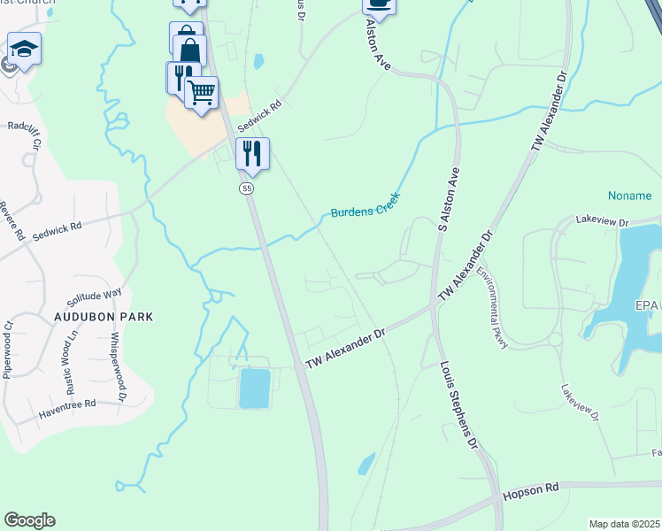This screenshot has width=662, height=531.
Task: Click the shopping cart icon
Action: (202, 92)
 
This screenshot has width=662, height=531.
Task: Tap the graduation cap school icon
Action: (25, 49)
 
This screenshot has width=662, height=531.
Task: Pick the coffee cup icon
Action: (379, 4)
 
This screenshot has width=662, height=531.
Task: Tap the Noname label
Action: (629, 196)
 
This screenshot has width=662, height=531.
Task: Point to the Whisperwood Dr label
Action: (118, 363)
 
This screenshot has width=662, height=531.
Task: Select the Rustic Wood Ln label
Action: (73, 358)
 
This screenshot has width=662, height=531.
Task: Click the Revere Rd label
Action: (17, 224)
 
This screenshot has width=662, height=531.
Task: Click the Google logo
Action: (29, 520)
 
